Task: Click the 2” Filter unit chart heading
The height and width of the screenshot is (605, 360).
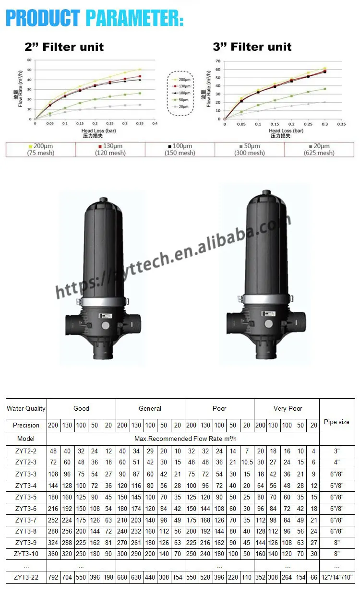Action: click(x=64, y=47)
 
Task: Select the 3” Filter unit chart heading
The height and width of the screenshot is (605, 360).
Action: click(x=252, y=47)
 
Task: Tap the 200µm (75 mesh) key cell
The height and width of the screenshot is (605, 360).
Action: click(x=40, y=150)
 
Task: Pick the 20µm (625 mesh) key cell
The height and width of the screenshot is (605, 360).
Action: click(x=319, y=150)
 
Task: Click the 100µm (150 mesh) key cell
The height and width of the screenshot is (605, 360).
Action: click(x=180, y=150)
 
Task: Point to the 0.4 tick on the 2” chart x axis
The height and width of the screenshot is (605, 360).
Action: click(x=155, y=123)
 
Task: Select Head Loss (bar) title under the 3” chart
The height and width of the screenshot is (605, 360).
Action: click(x=286, y=130)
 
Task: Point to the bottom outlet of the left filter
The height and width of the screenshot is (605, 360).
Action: click(x=101, y=355)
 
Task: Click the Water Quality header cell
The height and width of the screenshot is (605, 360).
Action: click(x=26, y=409)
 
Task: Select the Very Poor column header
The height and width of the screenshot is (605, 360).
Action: click(x=288, y=409)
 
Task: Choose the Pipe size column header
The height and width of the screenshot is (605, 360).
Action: click(x=336, y=422)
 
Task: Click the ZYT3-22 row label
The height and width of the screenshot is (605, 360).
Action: click(x=26, y=578)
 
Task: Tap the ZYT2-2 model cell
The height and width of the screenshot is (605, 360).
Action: click(x=26, y=451)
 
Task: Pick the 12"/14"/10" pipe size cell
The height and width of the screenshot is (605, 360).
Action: click(x=337, y=578)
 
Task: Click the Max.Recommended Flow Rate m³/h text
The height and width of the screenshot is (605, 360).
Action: click(x=183, y=439)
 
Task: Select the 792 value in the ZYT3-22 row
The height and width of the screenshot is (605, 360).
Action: click(x=53, y=578)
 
